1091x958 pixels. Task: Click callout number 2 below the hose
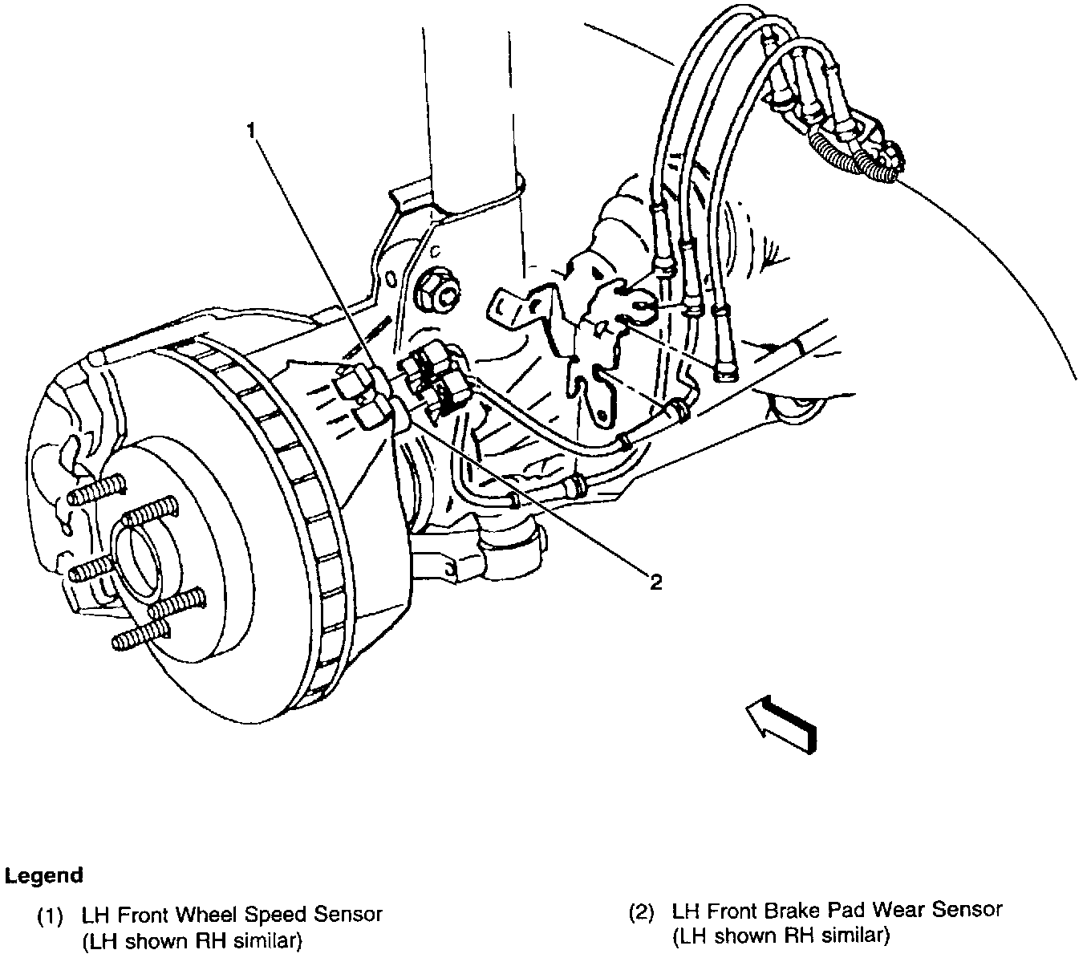655,582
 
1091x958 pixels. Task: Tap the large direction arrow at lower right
781,723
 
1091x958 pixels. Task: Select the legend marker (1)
51,915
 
